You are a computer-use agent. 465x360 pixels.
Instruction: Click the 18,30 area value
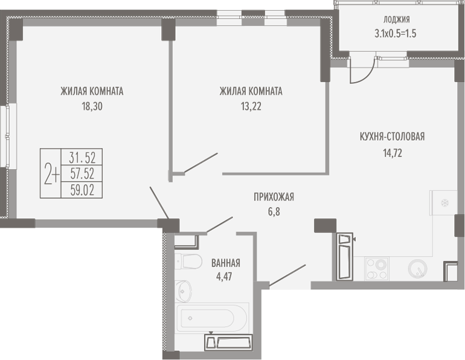coord(92,106)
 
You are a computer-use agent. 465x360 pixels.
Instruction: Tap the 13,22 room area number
coord(251,106)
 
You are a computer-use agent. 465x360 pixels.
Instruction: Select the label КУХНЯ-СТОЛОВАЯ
coord(392,137)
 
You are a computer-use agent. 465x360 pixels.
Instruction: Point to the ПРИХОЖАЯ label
coord(274,197)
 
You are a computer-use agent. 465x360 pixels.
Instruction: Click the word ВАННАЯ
coord(226,263)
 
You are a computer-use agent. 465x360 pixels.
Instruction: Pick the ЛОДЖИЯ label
coord(397,19)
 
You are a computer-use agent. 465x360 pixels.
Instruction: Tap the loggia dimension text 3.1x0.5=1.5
coord(396,33)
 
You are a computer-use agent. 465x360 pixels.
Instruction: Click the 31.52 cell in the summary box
coord(82,158)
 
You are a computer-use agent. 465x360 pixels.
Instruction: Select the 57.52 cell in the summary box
coord(82,174)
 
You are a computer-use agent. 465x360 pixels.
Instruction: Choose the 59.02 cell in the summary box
coord(82,190)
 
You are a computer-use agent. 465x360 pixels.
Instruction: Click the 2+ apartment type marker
coord(51,174)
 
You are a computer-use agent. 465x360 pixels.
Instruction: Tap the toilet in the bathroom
coord(188,262)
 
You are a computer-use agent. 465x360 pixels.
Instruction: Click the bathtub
coord(212,318)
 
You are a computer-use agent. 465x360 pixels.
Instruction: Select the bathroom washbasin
coord(184,291)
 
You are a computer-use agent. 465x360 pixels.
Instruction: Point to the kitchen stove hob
coord(377,269)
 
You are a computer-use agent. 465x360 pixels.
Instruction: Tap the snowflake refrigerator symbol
coord(444,203)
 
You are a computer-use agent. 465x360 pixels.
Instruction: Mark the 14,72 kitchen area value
coord(393,153)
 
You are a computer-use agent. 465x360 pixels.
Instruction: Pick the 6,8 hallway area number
coord(274,212)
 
